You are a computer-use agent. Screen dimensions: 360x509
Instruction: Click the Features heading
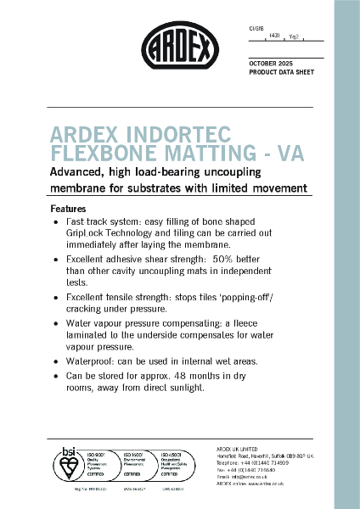pyautogui.click(x=68, y=208)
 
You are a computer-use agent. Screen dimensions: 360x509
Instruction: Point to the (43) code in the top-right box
pyautogui.click(x=273, y=35)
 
